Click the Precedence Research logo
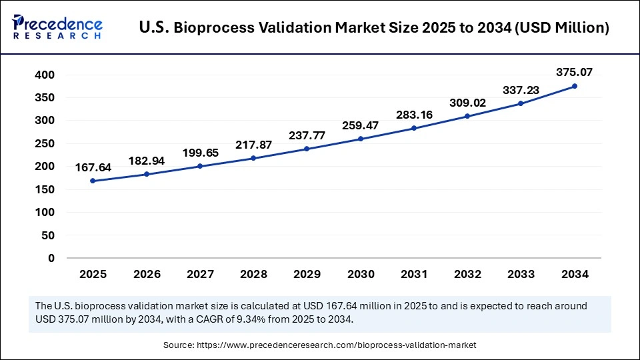(57, 27)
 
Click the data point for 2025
(93, 181)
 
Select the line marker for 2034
(575, 86)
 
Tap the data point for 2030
(361, 139)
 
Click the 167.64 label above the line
(93, 166)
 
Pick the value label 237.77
(307, 135)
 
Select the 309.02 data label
(467, 103)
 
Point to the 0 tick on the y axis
(51, 258)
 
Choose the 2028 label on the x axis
(253, 273)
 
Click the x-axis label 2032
(467, 273)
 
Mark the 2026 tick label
(146, 273)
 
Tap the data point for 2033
(521, 103)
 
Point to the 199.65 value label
(200, 153)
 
